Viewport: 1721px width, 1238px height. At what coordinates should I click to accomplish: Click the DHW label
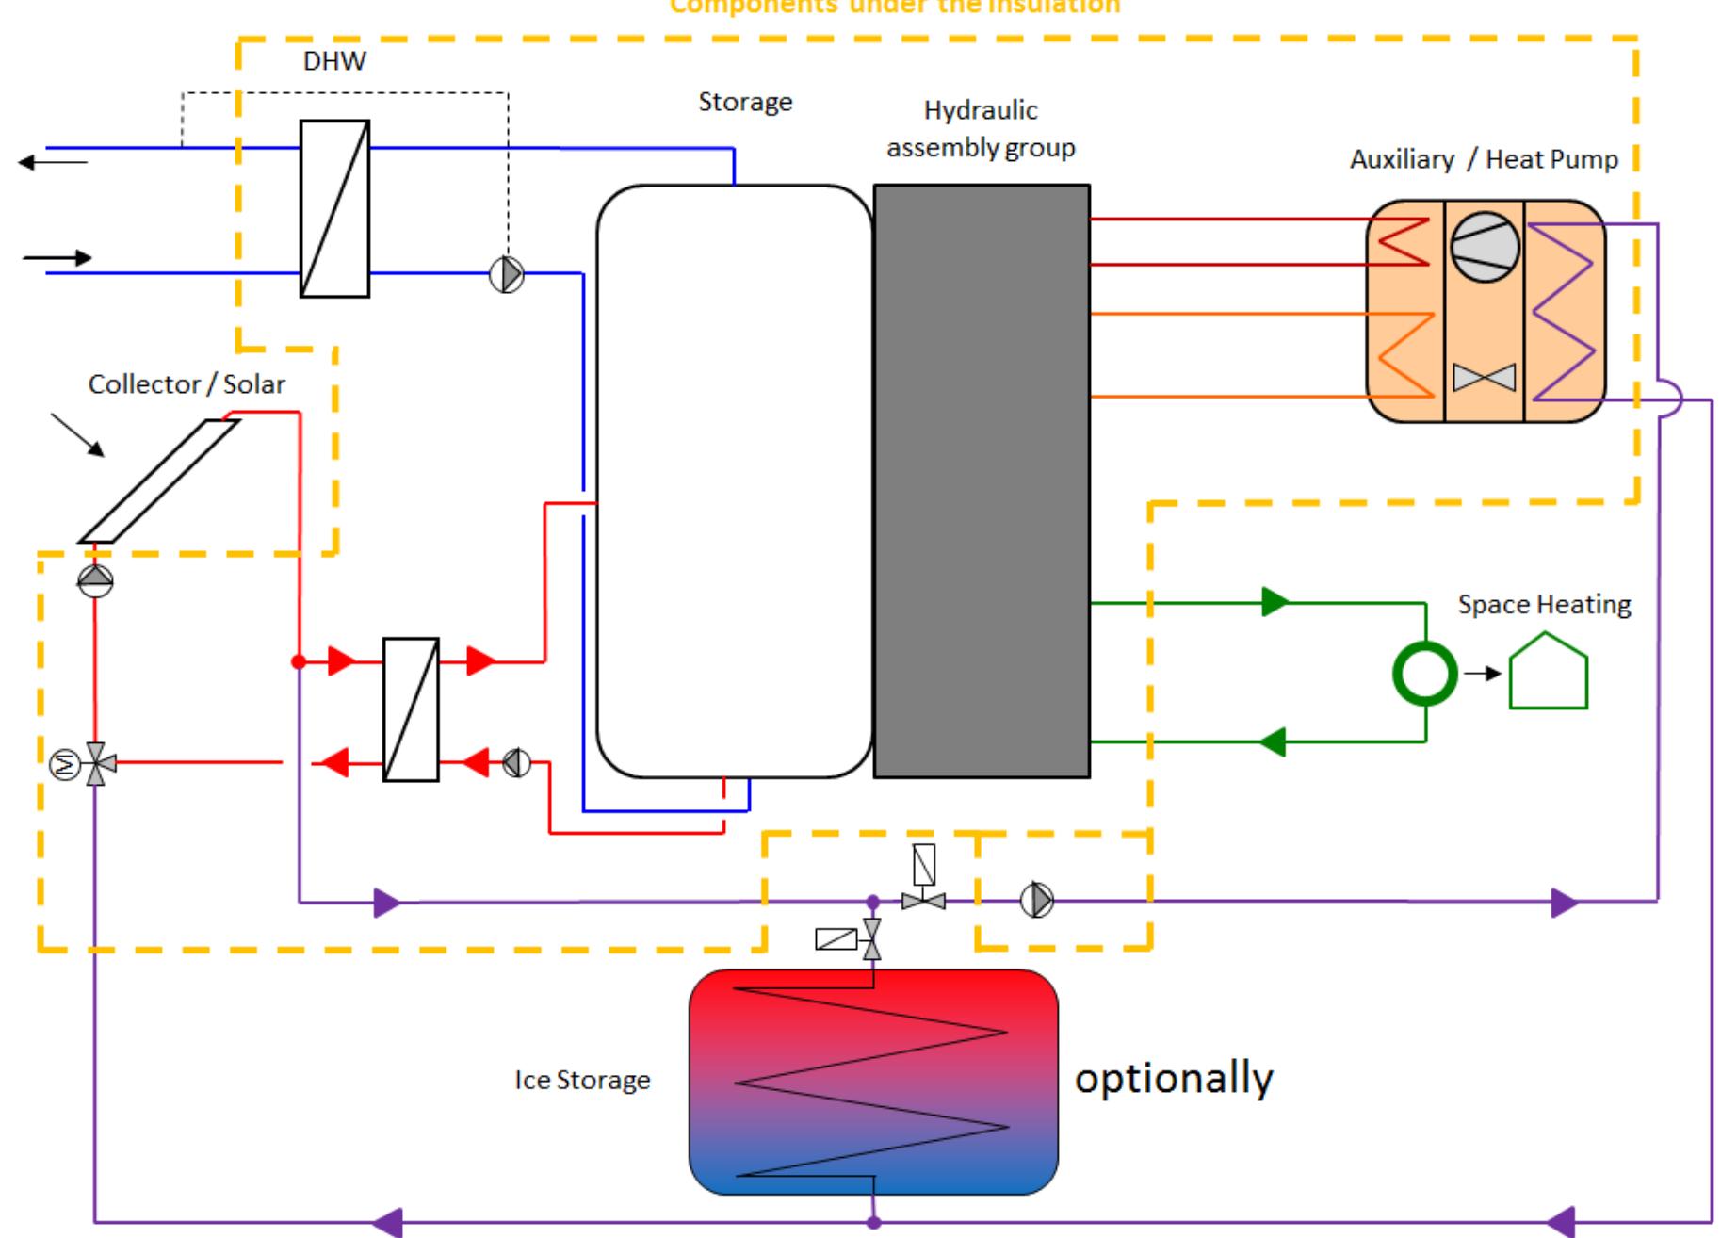tap(334, 62)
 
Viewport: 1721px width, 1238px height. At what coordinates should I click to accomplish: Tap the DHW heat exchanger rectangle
tap(334, 208)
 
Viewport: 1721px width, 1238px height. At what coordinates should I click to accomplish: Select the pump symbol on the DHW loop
tap(507, 274)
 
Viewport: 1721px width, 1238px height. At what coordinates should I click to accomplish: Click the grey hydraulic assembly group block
tap(982, 481)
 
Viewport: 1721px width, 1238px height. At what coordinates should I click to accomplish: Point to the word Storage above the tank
tap(745, 103)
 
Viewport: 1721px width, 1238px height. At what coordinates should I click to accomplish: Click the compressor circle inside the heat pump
tap(1485, 246)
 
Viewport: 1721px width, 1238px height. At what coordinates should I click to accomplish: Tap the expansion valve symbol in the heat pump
tap(1485, 378)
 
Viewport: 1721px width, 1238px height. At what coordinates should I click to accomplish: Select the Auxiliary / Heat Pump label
tap(1484, 159)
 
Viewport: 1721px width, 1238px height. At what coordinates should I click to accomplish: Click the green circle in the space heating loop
tap(1424, 673)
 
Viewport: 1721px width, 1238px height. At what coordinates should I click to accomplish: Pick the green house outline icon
tap(1549, 672)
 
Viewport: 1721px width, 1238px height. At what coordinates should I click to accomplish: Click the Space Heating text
tap(1544, 605)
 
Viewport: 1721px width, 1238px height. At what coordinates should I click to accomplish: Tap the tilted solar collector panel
tap(159, 481)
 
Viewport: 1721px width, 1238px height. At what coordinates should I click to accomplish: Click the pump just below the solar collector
tap(95, 580)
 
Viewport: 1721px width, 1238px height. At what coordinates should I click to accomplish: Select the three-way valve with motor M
tap(94, 763)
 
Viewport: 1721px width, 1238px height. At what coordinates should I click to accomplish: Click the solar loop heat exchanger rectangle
tap(411, 709)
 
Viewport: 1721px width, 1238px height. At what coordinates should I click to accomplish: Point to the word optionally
tap(1174, 1077)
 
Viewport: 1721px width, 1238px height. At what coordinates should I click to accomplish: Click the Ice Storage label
tap(582, 1080)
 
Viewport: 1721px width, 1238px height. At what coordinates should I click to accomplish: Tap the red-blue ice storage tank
tap(873, 1082)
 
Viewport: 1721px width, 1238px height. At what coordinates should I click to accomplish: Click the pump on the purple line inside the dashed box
tap(1037, 901)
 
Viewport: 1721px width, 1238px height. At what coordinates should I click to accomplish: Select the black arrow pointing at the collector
tap(78, 435)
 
